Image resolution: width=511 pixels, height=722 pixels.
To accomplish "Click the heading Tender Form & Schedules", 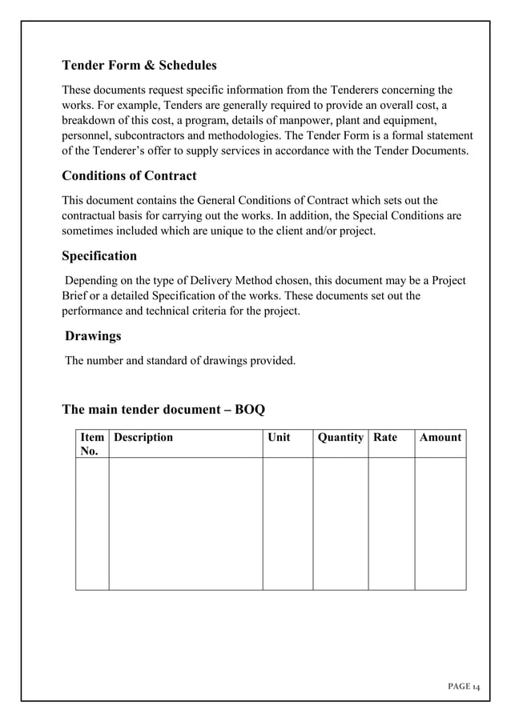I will pos(139,65).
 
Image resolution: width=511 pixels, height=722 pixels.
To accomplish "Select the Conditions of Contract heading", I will pos(129,175).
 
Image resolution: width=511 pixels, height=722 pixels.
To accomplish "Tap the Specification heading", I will pos(99,256).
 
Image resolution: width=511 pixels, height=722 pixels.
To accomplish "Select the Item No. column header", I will pos(92,444).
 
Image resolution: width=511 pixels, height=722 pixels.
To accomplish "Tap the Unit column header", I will pos(279,437).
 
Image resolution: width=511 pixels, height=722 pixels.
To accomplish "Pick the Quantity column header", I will pos(340,437).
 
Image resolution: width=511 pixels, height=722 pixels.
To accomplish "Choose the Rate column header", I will pos(385,437).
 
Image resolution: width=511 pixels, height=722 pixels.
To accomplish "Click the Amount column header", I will pos(441,437).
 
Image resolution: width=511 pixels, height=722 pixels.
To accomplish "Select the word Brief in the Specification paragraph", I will pos(77,296).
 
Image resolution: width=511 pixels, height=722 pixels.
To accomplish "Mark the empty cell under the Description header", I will pos(186,523).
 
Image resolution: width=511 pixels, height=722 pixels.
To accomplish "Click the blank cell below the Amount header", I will pos(440,523).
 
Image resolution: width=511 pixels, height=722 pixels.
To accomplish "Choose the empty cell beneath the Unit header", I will pos(288,523).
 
